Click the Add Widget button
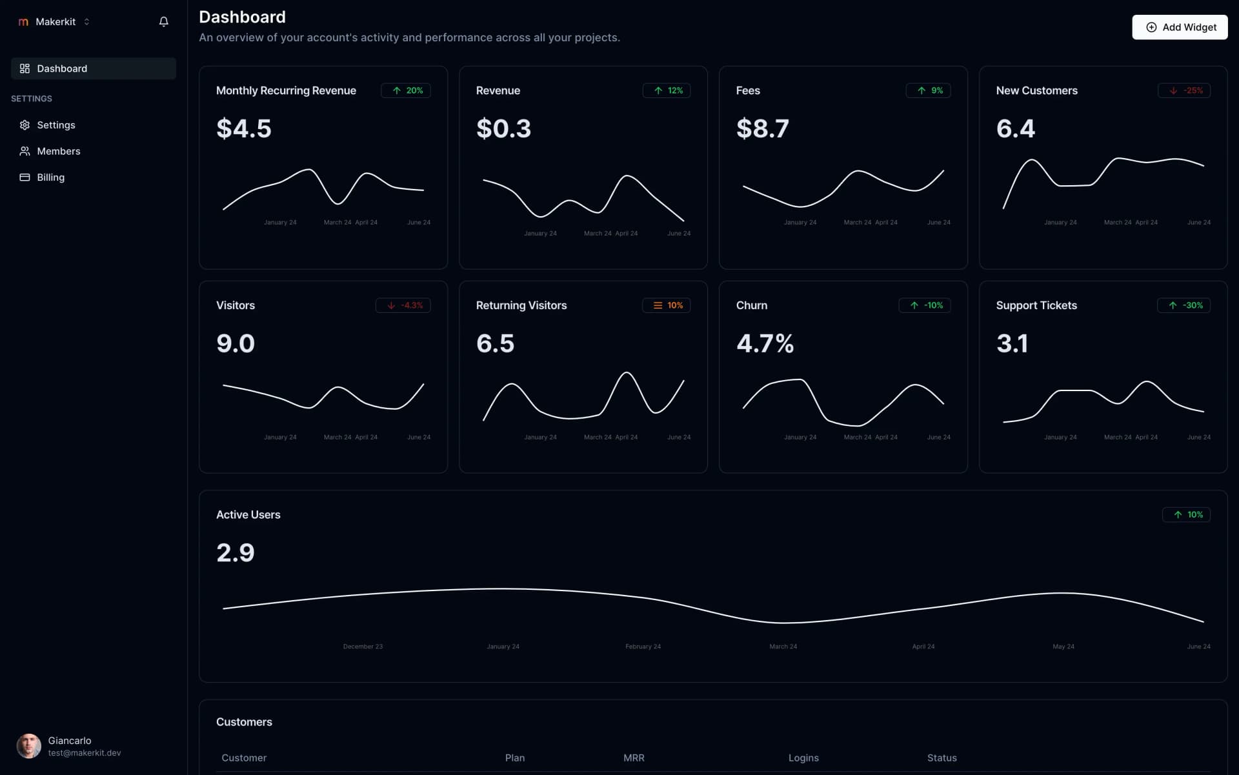coord(1180,27)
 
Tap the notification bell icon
coord(164,22)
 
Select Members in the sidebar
coord(58,151)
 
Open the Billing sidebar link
coord(50,177)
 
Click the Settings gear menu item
coord(55,125)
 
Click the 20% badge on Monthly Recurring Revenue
coord(406,90)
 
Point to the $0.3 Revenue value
coord(503,128)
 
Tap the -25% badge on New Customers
coord(1184,90)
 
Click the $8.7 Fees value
coord(762,128)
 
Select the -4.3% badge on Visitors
coord(403,305)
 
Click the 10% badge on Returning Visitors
coord(667,305)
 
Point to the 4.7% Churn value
coord(765,343)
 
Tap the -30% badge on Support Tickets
coord(1184,305)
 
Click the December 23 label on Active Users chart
coord(363,647)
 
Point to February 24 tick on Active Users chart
coord(643,647)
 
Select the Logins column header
coord(803,758)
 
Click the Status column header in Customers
coord(942,758)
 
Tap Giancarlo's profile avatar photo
coord(28,746)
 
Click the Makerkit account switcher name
coord(55,22)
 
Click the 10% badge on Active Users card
coord(1186,514)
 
